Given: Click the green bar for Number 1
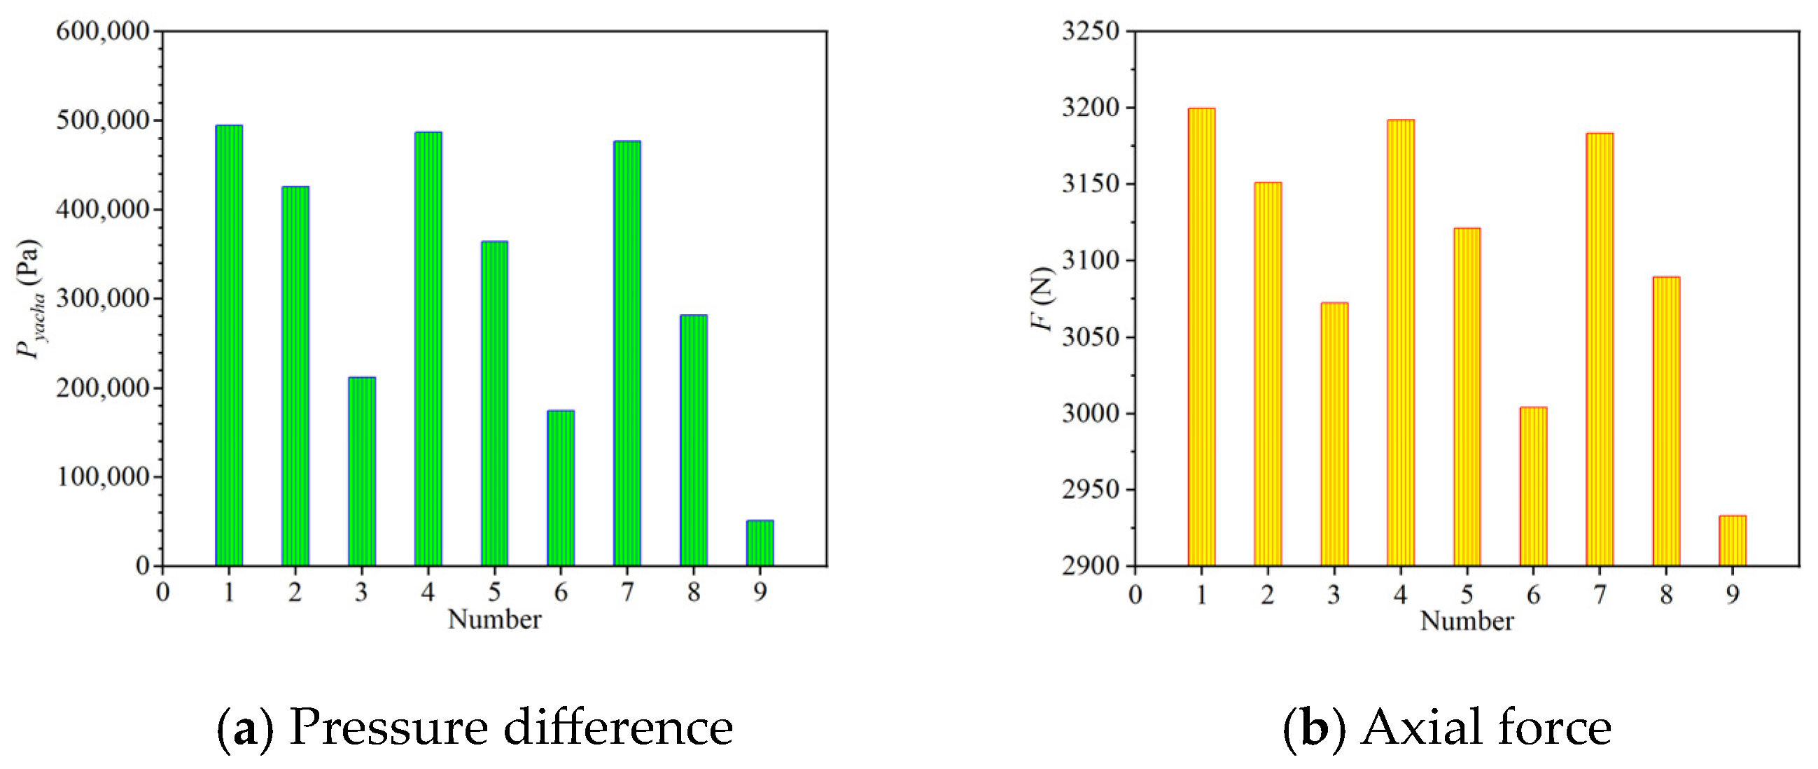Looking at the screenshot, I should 229,346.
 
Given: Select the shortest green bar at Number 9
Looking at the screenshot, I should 760,543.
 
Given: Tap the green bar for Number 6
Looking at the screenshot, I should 560,488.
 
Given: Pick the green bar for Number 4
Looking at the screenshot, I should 428,349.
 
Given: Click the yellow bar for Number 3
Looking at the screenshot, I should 1334,434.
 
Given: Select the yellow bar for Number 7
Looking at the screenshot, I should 1599,349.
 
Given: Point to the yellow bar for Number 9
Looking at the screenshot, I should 1732,541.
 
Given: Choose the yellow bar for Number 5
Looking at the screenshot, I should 1467,397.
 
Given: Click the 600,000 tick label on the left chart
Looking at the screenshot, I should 103,31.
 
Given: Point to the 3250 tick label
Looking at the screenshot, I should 1091,31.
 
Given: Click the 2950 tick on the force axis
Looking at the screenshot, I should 1091,490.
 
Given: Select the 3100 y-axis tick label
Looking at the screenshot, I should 1091,260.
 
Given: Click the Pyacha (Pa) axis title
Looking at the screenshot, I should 29,299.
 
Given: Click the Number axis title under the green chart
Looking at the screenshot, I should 494,619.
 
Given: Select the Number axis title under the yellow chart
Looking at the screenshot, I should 1467,621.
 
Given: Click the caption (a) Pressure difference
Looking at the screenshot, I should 474,727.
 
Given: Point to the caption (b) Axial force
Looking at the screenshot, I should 1447,727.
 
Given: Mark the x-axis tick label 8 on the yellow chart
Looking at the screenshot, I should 1665,595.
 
